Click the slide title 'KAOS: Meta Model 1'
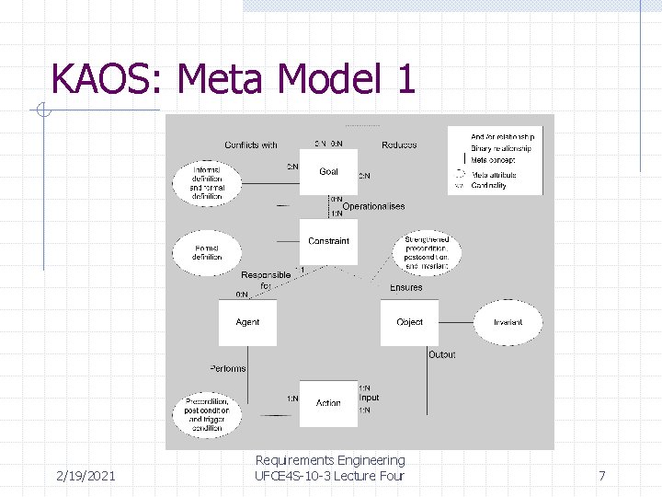coord(234,79)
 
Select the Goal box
coord(328,172)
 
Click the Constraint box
coord(328,241)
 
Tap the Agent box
coord(247,322)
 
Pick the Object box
coord(409,322)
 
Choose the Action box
coord(328,403)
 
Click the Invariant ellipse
coord(508,322)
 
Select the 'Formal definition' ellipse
coord(207,252)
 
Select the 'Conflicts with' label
coord(251,144)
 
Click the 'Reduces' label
coord(399,144)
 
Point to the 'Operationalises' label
coord(373,206)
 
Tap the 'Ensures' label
coord(405,287)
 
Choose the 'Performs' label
coord(227,368)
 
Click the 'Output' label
coord(441,354)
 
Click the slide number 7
coord(601,476)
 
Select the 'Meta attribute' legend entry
coord(494,175)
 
